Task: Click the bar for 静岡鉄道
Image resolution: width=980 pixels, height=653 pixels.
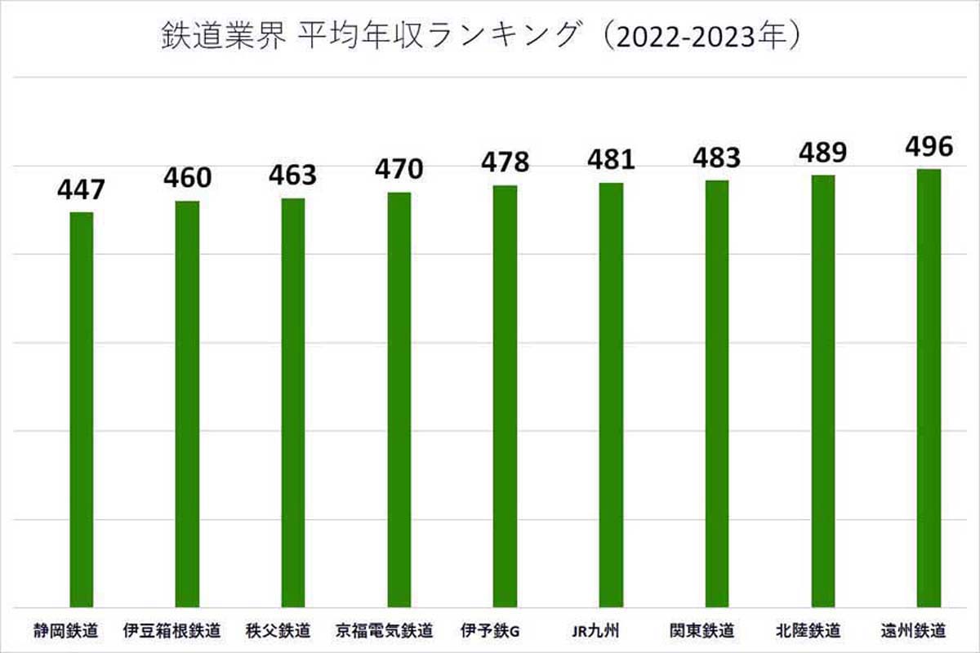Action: point(81,408)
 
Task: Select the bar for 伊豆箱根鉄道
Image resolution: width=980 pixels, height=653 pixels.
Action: point(187,403)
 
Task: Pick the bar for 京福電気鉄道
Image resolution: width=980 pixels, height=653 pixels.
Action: point(399,399)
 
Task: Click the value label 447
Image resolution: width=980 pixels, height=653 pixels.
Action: point(81,190)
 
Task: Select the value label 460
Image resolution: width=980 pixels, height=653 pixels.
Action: point(187,177)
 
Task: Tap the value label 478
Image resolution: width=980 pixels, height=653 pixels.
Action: point(505,162)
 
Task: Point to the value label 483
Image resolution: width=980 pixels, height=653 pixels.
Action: point(716,158)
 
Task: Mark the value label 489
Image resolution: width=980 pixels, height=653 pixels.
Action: point(822,152)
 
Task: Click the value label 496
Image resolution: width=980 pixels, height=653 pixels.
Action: point(929,146)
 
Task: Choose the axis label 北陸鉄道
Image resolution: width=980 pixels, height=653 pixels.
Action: point(808,631)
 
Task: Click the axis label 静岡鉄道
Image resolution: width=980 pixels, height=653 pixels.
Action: point(66,631)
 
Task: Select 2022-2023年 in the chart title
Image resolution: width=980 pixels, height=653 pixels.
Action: point(694,38)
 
